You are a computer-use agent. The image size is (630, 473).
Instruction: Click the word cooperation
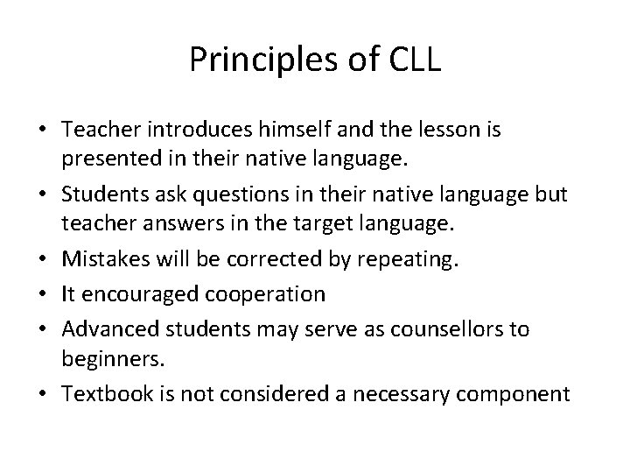[268, 294]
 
